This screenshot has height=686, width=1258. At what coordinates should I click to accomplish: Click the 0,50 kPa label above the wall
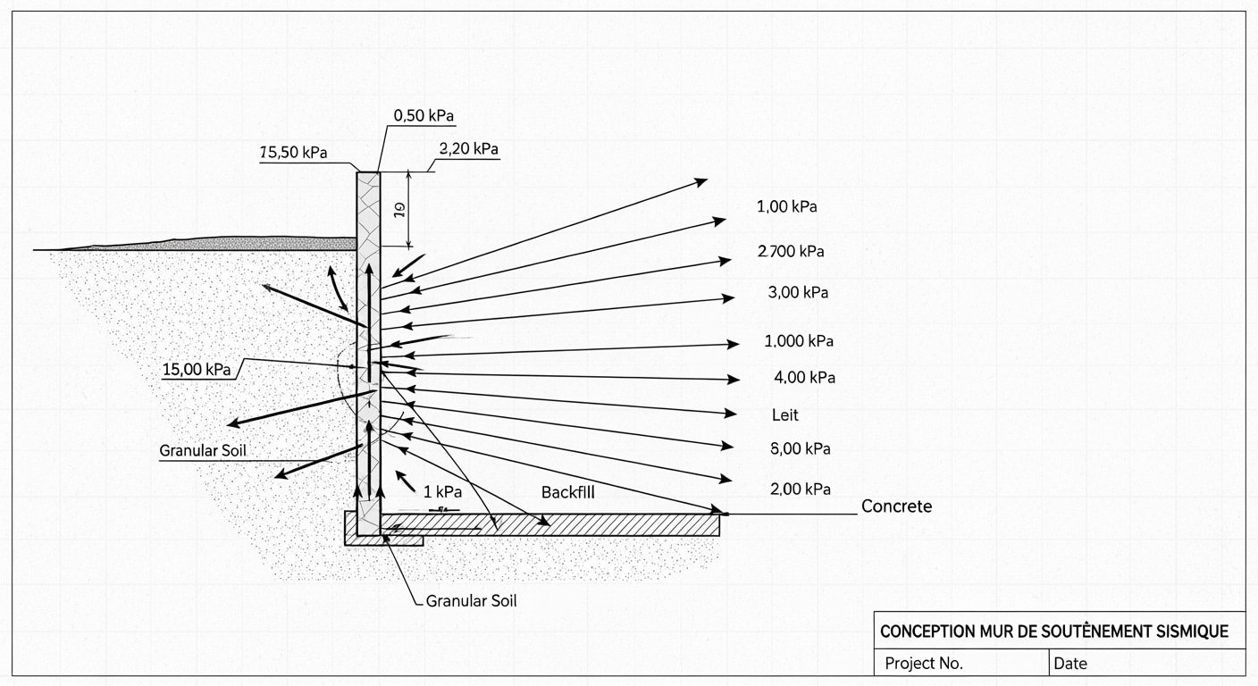click(425, 116)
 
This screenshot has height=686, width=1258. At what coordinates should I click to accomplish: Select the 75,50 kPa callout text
click(293, 153)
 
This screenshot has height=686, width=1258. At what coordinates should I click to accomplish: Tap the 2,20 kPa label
click(469, 148)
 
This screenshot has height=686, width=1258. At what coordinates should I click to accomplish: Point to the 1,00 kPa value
click(787, 207)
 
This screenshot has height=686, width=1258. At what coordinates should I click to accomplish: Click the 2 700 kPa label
click(791, 252)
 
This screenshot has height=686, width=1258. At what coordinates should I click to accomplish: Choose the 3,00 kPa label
click(798, 293)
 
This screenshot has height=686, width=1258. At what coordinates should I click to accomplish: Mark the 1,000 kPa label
click(799, 341)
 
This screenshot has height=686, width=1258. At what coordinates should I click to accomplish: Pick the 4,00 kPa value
click(804, 378)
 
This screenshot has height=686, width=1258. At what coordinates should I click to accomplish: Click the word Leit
click(785, 415)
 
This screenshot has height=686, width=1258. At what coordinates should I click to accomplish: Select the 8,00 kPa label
click(800, 449)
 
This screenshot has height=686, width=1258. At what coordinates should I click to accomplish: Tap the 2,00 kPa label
click(800, 489)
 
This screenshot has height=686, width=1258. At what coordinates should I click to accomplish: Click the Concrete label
click(896, 506)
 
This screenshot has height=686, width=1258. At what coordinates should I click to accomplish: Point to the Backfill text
click(568, 493)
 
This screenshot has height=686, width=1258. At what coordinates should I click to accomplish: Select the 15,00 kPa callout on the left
click(197, 370)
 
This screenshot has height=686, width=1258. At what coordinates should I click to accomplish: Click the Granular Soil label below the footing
click(471, 601)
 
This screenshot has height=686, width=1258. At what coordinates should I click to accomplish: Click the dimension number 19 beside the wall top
click(399, 209)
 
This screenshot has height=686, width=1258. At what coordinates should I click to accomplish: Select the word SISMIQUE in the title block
click(1187, 632)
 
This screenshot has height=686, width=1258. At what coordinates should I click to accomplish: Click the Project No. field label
click(924, 664)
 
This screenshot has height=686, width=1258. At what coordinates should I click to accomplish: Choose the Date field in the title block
click(1070, 664)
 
